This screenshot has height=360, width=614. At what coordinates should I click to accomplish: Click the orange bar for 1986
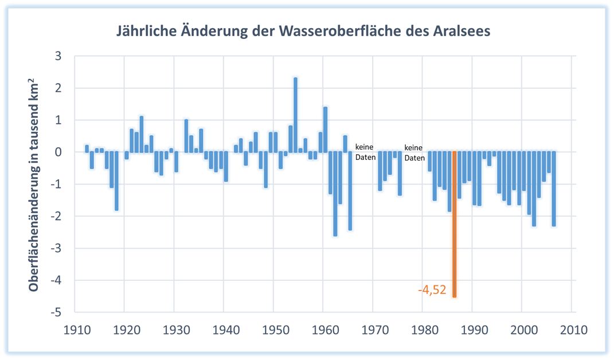[x=455, y=224]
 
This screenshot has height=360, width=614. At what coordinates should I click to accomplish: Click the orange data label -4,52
[x=432, y=290]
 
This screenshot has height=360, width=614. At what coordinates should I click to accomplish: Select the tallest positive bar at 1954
[x=295, y=115]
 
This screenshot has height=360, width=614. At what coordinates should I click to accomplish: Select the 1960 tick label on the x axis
[x=325, y=330]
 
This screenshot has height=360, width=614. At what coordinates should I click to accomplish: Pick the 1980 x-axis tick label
[x=424, y=330]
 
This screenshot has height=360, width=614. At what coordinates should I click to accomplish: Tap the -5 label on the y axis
[x=56, y=312]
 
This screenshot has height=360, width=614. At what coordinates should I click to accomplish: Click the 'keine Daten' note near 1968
[x=365, y=151]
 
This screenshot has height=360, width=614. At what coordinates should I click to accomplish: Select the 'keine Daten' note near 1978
[x=414, y=151]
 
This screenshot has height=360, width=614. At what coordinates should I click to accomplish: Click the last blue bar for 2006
[x=554, y=189]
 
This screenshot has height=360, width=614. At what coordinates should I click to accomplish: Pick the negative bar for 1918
[x=116, y=181]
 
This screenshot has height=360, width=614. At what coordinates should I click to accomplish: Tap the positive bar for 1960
[x=325, y=130]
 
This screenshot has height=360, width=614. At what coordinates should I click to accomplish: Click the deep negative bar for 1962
[x=335, y=194]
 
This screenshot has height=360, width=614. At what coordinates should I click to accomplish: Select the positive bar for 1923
[x=142, y=134]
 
